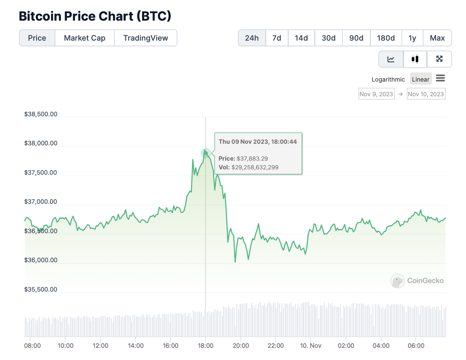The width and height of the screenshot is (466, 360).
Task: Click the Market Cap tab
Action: (84, 38)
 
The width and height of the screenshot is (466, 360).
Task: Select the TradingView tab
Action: (145, 38)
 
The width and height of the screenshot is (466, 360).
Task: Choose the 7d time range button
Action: (276, 38)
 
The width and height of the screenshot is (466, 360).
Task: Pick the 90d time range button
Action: (356, 38)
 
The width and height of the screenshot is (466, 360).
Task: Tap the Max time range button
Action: (437, 38)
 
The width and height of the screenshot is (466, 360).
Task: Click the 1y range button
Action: (412, 38)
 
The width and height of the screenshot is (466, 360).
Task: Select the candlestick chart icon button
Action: (415, 59)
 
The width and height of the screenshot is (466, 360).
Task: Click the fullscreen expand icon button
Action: (439, 59)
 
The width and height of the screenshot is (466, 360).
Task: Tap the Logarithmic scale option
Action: (388, 79)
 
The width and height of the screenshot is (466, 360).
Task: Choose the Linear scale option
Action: (420, 79)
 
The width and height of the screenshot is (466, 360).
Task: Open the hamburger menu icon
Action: (440, 78)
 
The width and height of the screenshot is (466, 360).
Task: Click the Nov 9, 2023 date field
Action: (376, 94)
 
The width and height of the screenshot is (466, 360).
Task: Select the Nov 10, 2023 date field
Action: (426, 94)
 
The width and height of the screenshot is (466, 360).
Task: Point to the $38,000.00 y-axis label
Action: (41, 143)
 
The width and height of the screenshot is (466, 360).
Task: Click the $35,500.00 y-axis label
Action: (41, 289)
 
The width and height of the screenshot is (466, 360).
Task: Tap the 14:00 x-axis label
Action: (136, 346)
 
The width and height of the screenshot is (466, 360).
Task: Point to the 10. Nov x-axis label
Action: (311, 346)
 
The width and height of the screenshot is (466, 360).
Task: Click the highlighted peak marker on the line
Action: (206, 153)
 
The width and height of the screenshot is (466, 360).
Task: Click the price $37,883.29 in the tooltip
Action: (252, 158)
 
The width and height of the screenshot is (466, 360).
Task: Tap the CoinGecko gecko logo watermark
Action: (398, 281)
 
